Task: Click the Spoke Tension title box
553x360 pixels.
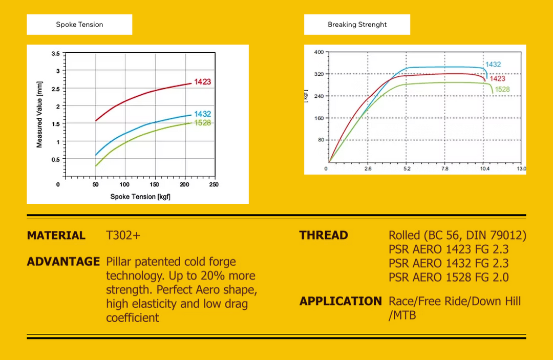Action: [x=79, y=25]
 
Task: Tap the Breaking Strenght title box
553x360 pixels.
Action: [x=357, y=25]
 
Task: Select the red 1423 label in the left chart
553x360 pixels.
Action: [x=202, y=82]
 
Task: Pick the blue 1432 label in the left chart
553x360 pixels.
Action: [x=202, y=114]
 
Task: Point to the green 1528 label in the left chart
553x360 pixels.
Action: [x=202, y=123]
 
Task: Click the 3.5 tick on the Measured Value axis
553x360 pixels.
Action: [x=55, y=54]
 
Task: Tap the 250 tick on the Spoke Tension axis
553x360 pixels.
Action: [x=214, y=185]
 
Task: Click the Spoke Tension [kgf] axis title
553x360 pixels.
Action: [x=140, y=197]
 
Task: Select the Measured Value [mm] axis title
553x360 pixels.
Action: [x=39, y=117]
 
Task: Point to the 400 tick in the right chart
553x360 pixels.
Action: [x=318, y=52]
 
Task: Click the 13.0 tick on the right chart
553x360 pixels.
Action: [x=521, y=168]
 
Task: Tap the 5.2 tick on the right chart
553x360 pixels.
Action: [x=407, y=168]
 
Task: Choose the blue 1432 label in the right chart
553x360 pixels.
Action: [x=493, y=65]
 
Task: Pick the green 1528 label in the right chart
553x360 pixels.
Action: [x=502, y=90]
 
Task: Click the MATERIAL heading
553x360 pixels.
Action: [x=56, y=236]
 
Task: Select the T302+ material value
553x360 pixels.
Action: [x=123, y=236]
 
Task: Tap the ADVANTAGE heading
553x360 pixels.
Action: [x=63, y=262]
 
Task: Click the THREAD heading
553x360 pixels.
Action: [x=324, y=236]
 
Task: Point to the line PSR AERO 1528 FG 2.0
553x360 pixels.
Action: [x=449, y=278]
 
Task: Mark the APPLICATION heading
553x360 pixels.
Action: [x=341, y=301]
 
